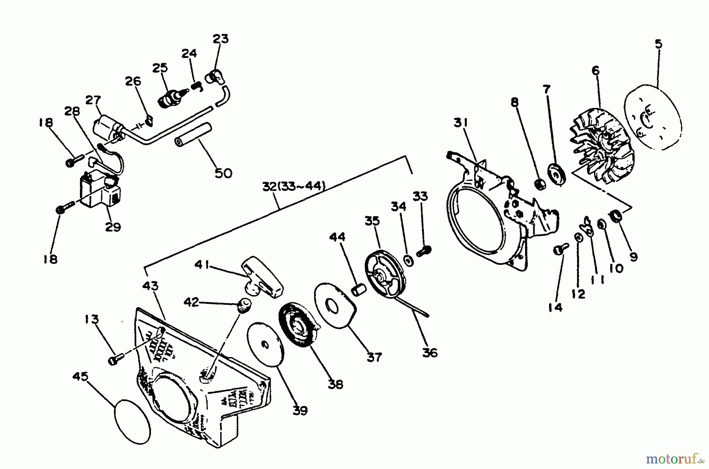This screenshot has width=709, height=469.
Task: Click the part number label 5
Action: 658,44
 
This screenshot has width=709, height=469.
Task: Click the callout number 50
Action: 223,173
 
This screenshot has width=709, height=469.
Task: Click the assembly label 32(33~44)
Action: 294,186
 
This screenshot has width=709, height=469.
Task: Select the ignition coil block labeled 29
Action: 101,192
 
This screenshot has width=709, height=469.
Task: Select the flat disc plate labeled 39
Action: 265,343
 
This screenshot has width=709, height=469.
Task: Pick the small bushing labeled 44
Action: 359,292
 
